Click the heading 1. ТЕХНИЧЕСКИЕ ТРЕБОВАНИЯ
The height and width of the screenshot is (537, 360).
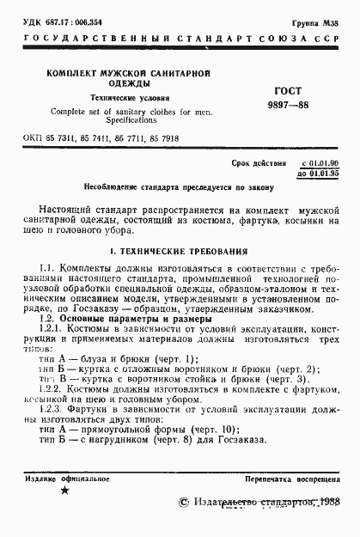coord(180,252)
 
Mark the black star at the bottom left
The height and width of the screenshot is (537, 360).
coord(64,491)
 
